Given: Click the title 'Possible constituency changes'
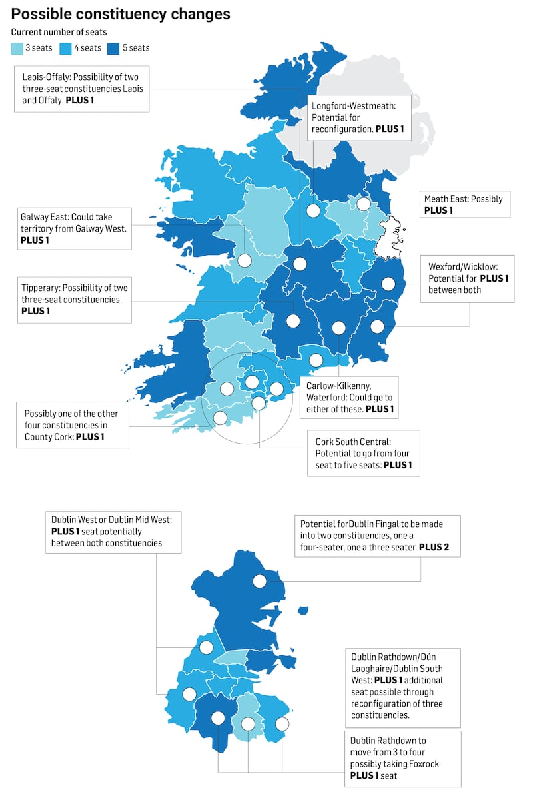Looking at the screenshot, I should [121, 14].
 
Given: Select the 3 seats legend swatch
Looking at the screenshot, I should [17, 48].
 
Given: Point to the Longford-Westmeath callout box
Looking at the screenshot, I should [359, 117].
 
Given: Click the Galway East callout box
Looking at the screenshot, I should [75, 228].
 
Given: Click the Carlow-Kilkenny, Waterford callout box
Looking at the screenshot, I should [348, 397].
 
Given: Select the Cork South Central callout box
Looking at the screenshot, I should [363, 453].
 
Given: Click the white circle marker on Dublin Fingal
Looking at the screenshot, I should [259, 581].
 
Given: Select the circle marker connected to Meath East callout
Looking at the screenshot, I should [363, 204].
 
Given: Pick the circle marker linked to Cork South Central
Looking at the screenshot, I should [259, 403].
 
